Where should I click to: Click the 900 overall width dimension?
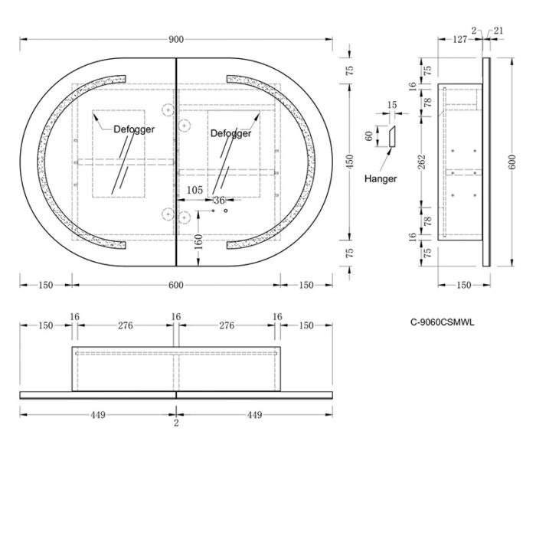[x=176, y=40]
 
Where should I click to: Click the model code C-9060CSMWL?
[x=443, y=322]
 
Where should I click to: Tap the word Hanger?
[x=381, y=178]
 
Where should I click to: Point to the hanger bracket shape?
[x=392, y=137]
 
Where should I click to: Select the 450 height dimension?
[x=349, y=162]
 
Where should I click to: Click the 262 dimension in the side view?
[x=422, y=162]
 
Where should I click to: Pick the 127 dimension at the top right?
[x=460, y=40]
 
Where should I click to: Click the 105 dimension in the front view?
[x=194, y=190]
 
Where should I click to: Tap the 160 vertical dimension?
[x=198, y=242]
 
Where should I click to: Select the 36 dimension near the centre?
[x=219, y=200]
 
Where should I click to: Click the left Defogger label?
[x=134, y=129]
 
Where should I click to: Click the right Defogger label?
[x=230, y=133]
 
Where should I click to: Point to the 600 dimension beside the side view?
[x=511, y=162]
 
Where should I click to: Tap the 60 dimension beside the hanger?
[x=369, y=136]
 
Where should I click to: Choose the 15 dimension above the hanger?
[x=392, y=105]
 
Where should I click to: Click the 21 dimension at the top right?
[x=498, y=31]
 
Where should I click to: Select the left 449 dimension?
[x=98, y=415]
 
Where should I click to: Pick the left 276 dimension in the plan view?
[x=126, y=325]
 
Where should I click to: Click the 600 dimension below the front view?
[x=176, y=285]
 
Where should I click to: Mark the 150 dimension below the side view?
[x=464, y=285]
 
